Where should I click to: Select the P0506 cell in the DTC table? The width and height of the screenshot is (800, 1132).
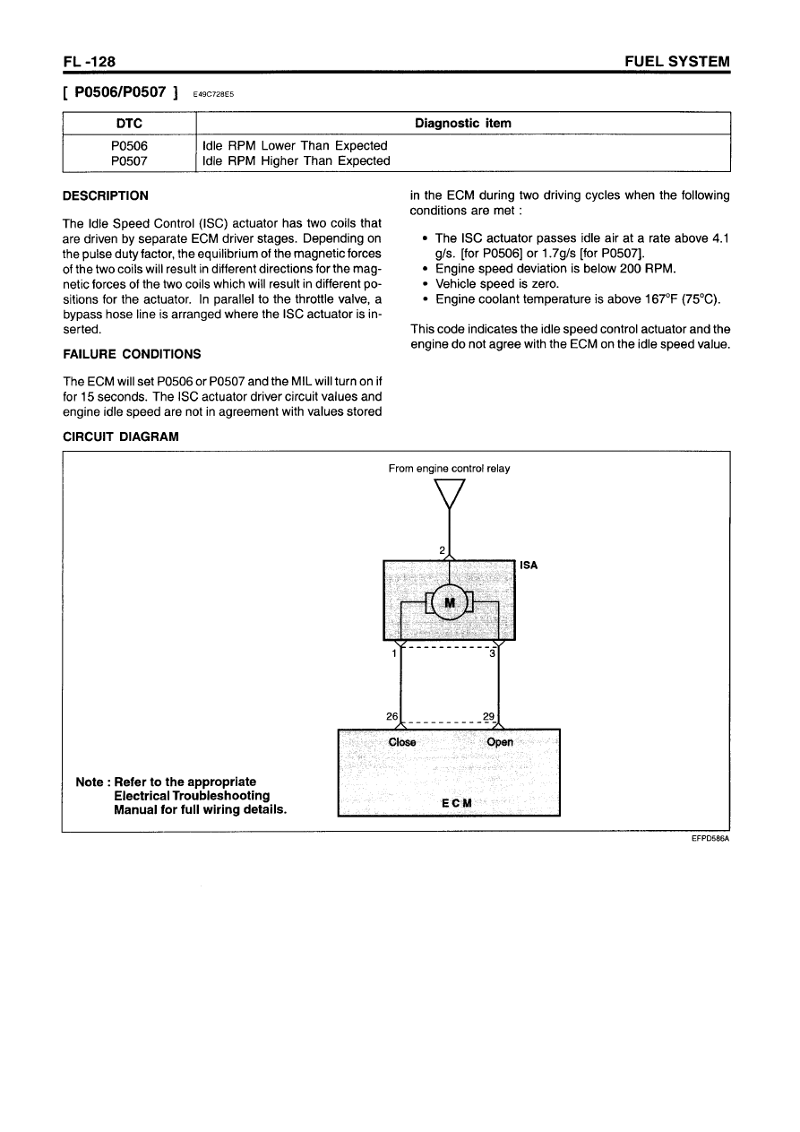(x=129, y=145)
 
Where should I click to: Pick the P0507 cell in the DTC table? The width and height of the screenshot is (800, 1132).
(x=129, y=161)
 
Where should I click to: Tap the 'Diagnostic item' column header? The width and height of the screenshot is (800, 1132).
(x=463, y=123)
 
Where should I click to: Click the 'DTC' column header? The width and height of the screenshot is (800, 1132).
(x=129, y=123)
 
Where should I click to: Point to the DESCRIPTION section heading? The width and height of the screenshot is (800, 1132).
(x=105, y=195)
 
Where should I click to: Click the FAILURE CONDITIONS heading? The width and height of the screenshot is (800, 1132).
(x=131, y=353)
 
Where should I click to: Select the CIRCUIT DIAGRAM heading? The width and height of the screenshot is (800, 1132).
(x=120, y=436)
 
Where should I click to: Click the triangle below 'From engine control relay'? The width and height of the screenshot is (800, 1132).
(x=449, y=494)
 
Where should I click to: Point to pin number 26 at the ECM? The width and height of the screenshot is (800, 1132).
(x=392, y=716)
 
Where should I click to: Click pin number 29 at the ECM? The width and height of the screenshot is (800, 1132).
(x=488, y=716)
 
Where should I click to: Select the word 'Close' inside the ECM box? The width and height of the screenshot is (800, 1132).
(x=402, y=742)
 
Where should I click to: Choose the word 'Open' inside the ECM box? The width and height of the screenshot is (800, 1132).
(x=499, y=742)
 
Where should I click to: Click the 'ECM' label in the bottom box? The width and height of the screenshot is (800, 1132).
(x=455, y=802)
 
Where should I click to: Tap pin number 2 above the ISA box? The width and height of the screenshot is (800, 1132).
(x=442, y=549)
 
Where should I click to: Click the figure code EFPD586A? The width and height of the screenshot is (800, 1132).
(x=710, y=840)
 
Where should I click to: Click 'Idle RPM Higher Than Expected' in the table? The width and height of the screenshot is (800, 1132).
(x=297, y=161)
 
